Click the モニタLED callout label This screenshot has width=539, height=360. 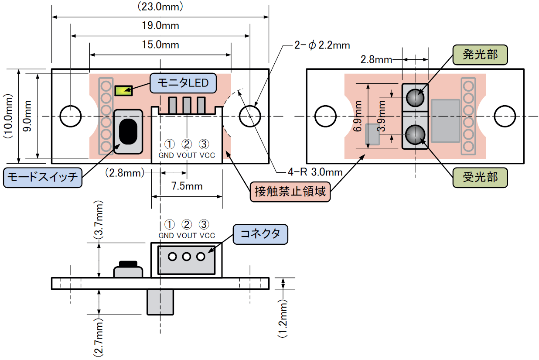(x=183, y=82)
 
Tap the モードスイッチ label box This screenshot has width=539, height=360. (x=42, y=177)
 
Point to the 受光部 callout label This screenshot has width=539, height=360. (x=480, y=177)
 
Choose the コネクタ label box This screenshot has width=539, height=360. (x=260, y=234)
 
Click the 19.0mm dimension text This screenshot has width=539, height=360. (x=160, y=26)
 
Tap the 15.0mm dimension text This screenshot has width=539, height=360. (x=160, y=45)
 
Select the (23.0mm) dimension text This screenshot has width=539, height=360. (x=160, y=7)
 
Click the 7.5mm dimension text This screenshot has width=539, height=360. (x=187, y=186)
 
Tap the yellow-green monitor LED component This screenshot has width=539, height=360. (x=123, y=91)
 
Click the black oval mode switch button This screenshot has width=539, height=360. (x=128, y=131)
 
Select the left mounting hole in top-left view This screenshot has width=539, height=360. (x=70, y=116)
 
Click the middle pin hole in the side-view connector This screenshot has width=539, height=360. (x=187, y=257)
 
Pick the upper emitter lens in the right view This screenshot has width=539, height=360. (x=415, y=98)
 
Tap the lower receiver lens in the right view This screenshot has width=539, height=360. (x=415, y=134)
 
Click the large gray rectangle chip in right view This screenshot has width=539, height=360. (x=445, y=121)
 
